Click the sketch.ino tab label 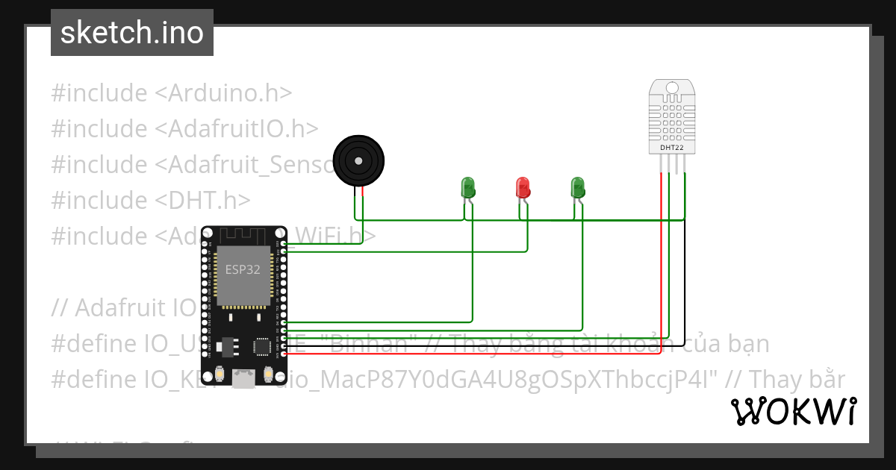click(131, 33)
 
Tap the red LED click(523, 187)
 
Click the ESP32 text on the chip click(243, 270)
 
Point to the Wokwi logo click(793, 411)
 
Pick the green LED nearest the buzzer click(468, 187)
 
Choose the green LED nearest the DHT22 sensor click(576, 187)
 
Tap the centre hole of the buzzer click(359, 160)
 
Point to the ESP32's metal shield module click(243, 276)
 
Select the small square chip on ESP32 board click(262, 347)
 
